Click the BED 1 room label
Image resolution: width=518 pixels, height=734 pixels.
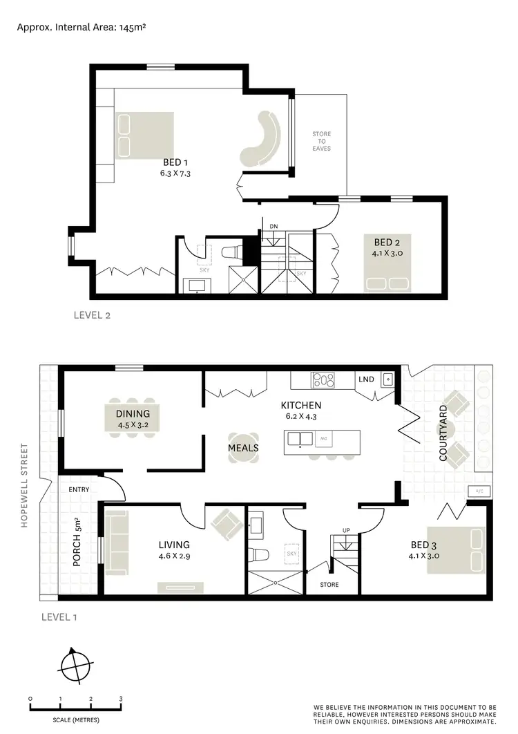click(174, 163)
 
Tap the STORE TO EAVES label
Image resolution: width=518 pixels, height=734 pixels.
click(321, 141)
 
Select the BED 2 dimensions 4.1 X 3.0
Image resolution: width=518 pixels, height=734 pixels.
click(387, 253)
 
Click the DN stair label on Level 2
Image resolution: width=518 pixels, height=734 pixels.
click(273, 226)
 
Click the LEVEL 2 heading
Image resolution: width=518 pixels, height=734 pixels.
click(92, 315)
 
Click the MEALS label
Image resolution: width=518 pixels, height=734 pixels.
click(243, 448)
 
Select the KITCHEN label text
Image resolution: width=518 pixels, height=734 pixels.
click(300, 405)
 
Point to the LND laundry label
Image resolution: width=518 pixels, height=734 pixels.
click(365, 379)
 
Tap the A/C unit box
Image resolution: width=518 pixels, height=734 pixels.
click(479, 491)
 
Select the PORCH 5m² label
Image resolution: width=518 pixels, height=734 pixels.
click(77, 542)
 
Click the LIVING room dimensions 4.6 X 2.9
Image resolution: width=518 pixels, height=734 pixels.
click(174, 554)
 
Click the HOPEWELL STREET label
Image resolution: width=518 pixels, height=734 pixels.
click(25, 485)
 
